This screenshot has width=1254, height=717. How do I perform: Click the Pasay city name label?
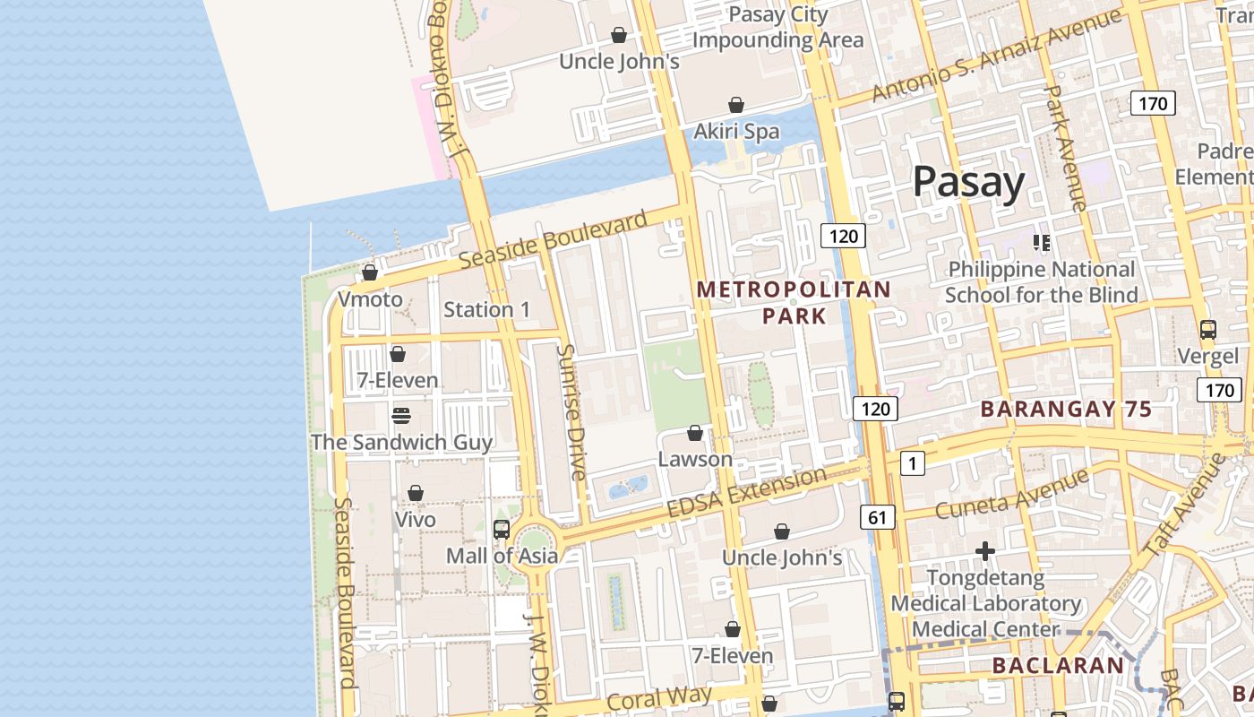(968, 182)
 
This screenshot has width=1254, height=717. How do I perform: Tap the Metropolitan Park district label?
(794, 302)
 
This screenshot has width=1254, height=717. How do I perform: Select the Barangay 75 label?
(1066, 410)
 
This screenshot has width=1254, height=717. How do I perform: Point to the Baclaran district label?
(1058, 666)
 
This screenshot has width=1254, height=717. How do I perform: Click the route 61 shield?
(877, 516)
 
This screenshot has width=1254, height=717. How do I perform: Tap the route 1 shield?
(912, 463)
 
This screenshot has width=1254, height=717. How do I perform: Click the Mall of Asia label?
(502, 556)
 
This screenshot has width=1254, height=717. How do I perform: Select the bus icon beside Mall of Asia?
(502, 529)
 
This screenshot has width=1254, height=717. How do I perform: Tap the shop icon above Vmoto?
(369, 272)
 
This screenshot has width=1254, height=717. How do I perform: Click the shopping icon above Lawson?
(695, 434)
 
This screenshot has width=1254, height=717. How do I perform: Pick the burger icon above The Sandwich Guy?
(400, 415)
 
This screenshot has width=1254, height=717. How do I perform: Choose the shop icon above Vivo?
(416, 493)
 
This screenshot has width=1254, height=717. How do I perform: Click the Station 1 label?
(486, 310)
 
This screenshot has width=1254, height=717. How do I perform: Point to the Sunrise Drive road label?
(572, 411)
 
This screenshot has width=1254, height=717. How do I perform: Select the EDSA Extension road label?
(746, 492)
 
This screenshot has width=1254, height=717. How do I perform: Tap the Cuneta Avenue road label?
(1013, 495)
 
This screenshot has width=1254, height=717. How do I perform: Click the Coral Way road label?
(659, 699)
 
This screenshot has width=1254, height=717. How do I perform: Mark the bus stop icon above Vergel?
(1208, 329)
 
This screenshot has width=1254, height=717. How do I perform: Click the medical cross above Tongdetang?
(985, 550)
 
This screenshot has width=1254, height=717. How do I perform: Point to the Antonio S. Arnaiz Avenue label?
(996, 56)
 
